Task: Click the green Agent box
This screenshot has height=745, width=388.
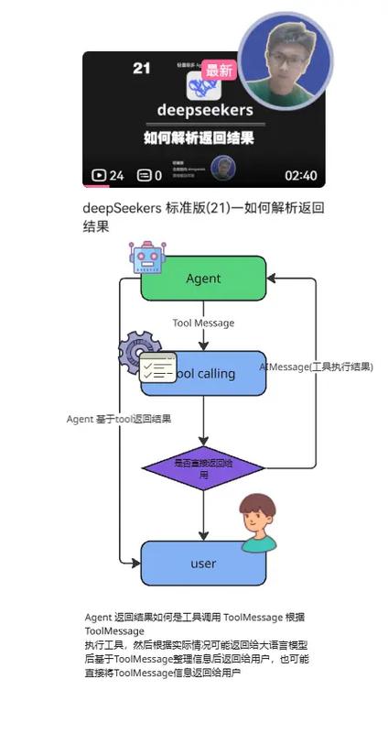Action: (203, 279)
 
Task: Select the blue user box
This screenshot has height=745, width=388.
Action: (203, 564)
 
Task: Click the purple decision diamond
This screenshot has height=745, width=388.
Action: (203, 468)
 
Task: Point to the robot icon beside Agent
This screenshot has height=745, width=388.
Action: (146, 257)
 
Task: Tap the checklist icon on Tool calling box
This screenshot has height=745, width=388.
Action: (157, 367)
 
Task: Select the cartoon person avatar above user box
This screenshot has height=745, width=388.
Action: (257, 523)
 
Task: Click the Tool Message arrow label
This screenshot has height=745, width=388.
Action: (203, 323)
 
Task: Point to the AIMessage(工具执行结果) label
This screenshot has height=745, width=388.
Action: (316, 367)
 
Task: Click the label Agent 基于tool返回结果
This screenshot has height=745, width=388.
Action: (119, 419)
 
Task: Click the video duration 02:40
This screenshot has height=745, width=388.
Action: (300, 176)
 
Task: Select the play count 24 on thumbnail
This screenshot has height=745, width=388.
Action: (108, 176)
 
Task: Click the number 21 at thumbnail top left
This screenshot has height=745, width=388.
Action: (142, 69)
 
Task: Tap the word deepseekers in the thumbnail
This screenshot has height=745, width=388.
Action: (204, 110)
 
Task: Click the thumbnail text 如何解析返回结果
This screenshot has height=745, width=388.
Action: (199, 138)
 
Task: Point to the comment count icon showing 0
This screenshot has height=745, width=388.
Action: (145, 176)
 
